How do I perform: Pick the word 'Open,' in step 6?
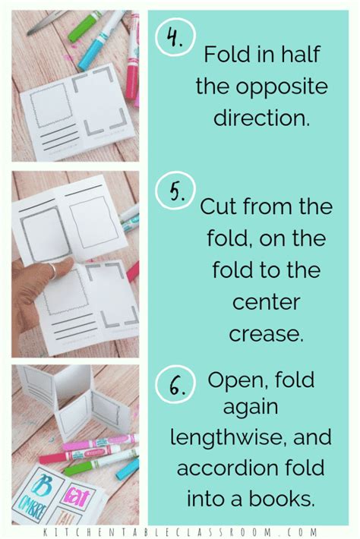click(x=242, y=380)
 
